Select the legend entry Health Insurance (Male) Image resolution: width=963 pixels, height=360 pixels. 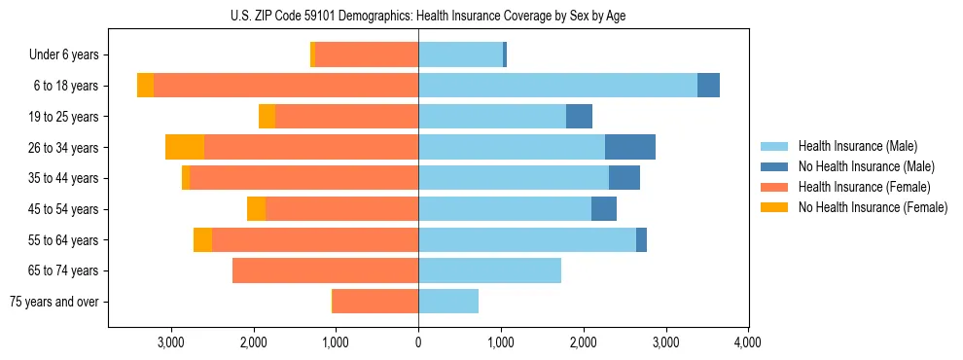(855, 146)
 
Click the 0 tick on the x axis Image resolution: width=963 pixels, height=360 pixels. (418, 342)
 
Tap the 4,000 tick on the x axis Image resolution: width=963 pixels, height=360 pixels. (747, 342)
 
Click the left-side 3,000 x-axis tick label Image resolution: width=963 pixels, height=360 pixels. (171, 342)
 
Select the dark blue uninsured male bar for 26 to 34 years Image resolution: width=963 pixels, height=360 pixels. (629, 147)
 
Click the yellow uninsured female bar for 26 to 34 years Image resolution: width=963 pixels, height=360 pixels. (185, 147)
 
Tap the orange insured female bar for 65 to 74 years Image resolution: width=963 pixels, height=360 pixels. (325, 270)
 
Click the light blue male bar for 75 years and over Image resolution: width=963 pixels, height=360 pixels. (448, 302)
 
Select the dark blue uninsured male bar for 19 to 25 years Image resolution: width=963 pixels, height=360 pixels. (579, 116)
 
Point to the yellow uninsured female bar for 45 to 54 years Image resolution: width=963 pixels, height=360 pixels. (256, 208)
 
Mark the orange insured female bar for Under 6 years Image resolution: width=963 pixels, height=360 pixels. (367, 54)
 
